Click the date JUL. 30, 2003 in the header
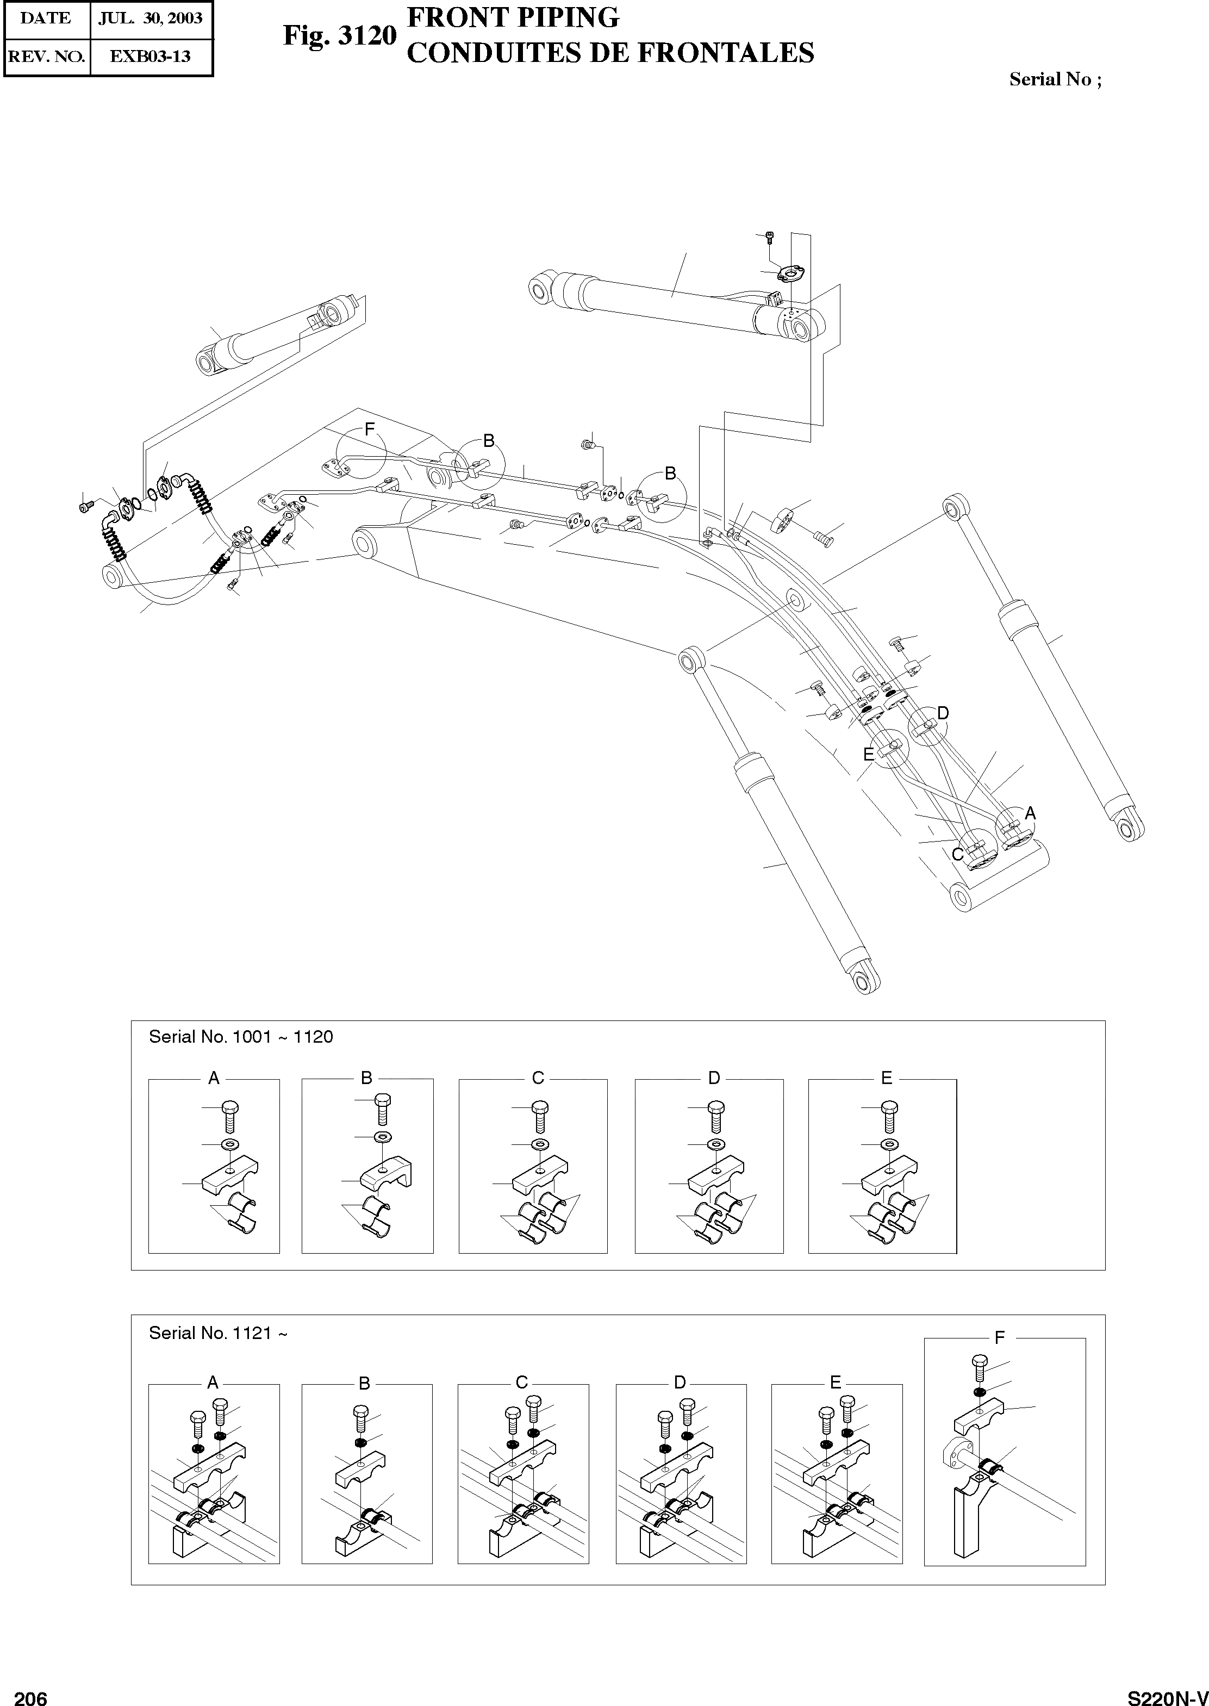pos(151,18)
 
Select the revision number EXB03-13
pos(151,56)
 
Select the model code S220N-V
pos(1167,1692)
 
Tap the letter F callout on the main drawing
pos(369,429)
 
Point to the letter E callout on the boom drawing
pos(868,754)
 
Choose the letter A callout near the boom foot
pos(1030,813)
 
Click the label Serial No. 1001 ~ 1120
pos(240,1037)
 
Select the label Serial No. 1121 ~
pos(217,1333)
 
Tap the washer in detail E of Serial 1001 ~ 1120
pos(887,1144)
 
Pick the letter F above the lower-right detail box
pos(999,1337)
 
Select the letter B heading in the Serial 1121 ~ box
pos(364,1384)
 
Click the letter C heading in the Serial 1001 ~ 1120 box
pos(538,1078)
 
